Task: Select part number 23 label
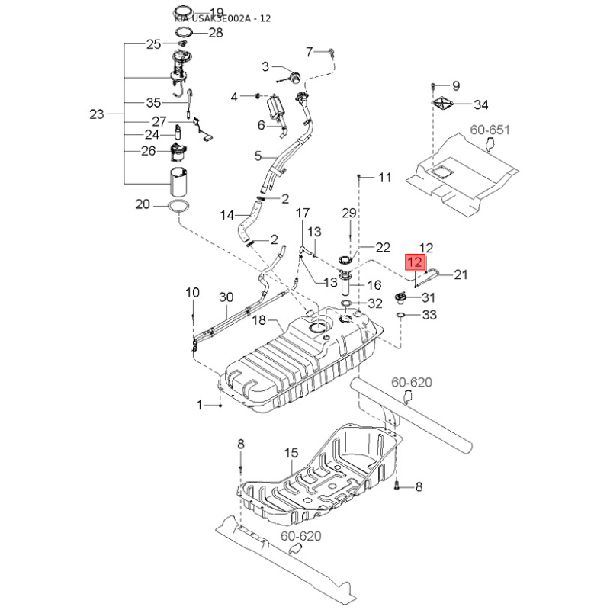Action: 96,115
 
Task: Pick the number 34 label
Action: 482,104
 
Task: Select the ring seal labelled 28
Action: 184,33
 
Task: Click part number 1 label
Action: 202,406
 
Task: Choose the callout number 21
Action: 461,274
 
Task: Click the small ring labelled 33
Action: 400,314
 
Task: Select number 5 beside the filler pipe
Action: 258,156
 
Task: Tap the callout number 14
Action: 226,216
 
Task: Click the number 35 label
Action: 153,103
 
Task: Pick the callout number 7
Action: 310,52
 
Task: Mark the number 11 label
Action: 384,178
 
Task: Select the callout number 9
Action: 456,85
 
